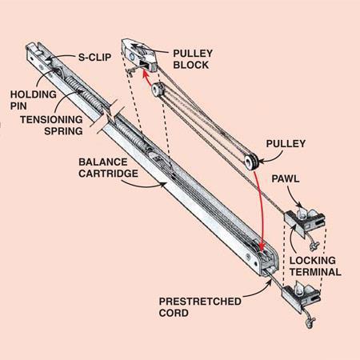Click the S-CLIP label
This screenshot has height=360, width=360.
click(94, 58)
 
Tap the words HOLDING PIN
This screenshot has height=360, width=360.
click(34, 100)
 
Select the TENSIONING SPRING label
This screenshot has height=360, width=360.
click(51, 126)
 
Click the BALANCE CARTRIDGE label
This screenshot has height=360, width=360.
click(108, 168)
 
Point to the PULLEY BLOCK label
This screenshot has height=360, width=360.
click(193, 59)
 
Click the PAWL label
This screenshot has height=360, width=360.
click(286, 178)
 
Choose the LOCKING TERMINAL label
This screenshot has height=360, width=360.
click(315, 266)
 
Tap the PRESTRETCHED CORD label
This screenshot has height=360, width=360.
click(200, 307)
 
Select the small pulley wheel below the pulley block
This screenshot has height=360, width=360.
click(158, 90)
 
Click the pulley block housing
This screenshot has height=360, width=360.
click(139, 55)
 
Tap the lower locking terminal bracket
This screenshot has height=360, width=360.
click(302, 295)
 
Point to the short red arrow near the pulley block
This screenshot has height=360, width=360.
click(146, 78)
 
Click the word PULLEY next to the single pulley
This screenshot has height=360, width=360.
click(286, 144)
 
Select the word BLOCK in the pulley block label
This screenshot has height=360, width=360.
click(191, 65)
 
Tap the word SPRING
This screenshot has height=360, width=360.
click(63, 131)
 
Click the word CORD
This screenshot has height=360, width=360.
click(174, 313)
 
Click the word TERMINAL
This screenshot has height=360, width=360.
click(315, 272)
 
